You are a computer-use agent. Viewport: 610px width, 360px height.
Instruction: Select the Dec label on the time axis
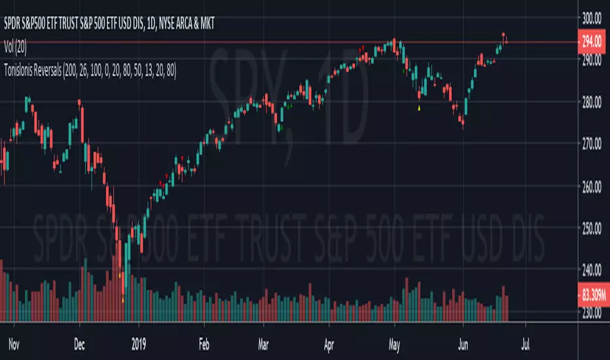[x=80, y=342]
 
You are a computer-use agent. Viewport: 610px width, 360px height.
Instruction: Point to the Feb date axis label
[x=206, y=342]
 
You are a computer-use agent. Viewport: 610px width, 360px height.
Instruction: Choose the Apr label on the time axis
[x=327, y=342]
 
